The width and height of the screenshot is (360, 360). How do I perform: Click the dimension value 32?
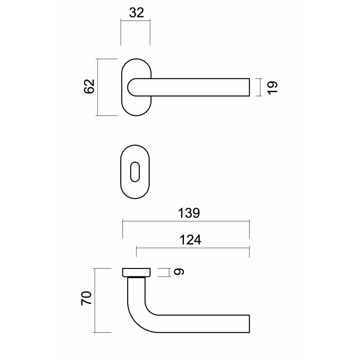click(x=136, y=13)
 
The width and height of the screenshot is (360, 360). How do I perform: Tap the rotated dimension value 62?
click(x=89, y=87)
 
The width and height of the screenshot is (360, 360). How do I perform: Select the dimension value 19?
click(x=272, y=87)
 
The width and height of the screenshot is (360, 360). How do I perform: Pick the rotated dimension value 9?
click(x=179, y=272)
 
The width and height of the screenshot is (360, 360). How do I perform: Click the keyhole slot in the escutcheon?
click(x=135, y=172)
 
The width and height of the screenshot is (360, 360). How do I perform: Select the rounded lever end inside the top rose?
click(x=132, y=87)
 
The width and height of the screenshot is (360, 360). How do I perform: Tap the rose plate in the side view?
click(x=136, y=272)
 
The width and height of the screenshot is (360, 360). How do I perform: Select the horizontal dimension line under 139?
click(x=186, y=221)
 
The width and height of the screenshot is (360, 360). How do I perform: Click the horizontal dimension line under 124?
click(x=193, y=248)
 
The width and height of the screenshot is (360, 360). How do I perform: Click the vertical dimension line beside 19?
click(x=260, y=87)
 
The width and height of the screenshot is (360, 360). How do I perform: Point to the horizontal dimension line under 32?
click(x=135, y=21)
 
